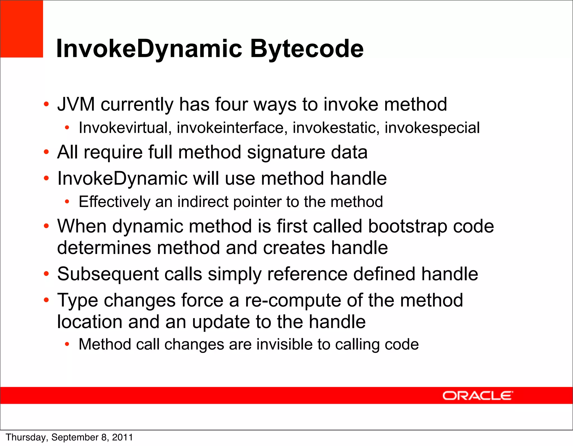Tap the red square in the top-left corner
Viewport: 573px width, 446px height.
pos(22,29)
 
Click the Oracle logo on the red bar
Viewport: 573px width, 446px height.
pos(478,396)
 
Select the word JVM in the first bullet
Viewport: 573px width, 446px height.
pos(76,104)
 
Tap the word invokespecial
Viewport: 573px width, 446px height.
pos(432,128)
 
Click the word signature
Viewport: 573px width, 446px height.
pos(286,153)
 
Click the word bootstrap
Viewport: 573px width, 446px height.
pos(407,226)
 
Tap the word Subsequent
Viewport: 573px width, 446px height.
pos(108,274)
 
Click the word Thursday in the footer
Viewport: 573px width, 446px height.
pos(26,437)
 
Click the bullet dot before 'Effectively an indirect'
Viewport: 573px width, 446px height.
pos(67,202)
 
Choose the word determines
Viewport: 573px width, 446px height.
pos(104,248)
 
